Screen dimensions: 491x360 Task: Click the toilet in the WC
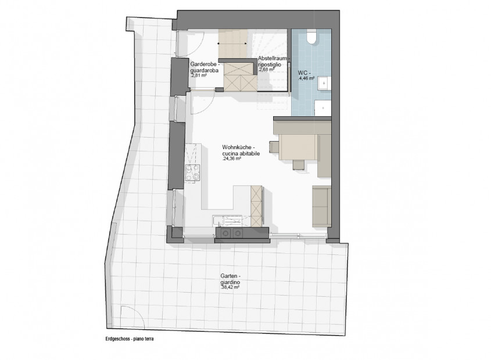[x=311, y=37]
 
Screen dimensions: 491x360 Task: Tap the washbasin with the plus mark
[x=324, y=84]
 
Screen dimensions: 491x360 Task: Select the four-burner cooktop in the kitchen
[x=192, y=173]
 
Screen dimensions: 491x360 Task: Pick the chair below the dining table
[x=299, y=164]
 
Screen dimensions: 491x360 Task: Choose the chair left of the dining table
[x=274, y=147]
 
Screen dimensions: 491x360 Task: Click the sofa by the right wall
[x=321, y=206]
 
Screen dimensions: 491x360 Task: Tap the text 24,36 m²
[x=231, y=159]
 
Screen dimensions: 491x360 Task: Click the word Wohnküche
[x=236, y=147]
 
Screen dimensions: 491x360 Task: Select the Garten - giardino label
[x=230, y=279]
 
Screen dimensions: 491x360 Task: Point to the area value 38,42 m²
[x=230, y=287]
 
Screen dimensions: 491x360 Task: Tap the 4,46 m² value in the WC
[x=307, y=78]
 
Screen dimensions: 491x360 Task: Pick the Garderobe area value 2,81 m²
[x=198, y=75]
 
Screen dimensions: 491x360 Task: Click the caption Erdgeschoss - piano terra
[x=130, y=339]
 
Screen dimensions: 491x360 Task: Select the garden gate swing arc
[x=138, y=313]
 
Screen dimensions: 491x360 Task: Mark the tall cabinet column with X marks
[x=256, y=206]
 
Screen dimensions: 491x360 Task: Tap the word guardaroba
[x=205, y=70]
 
